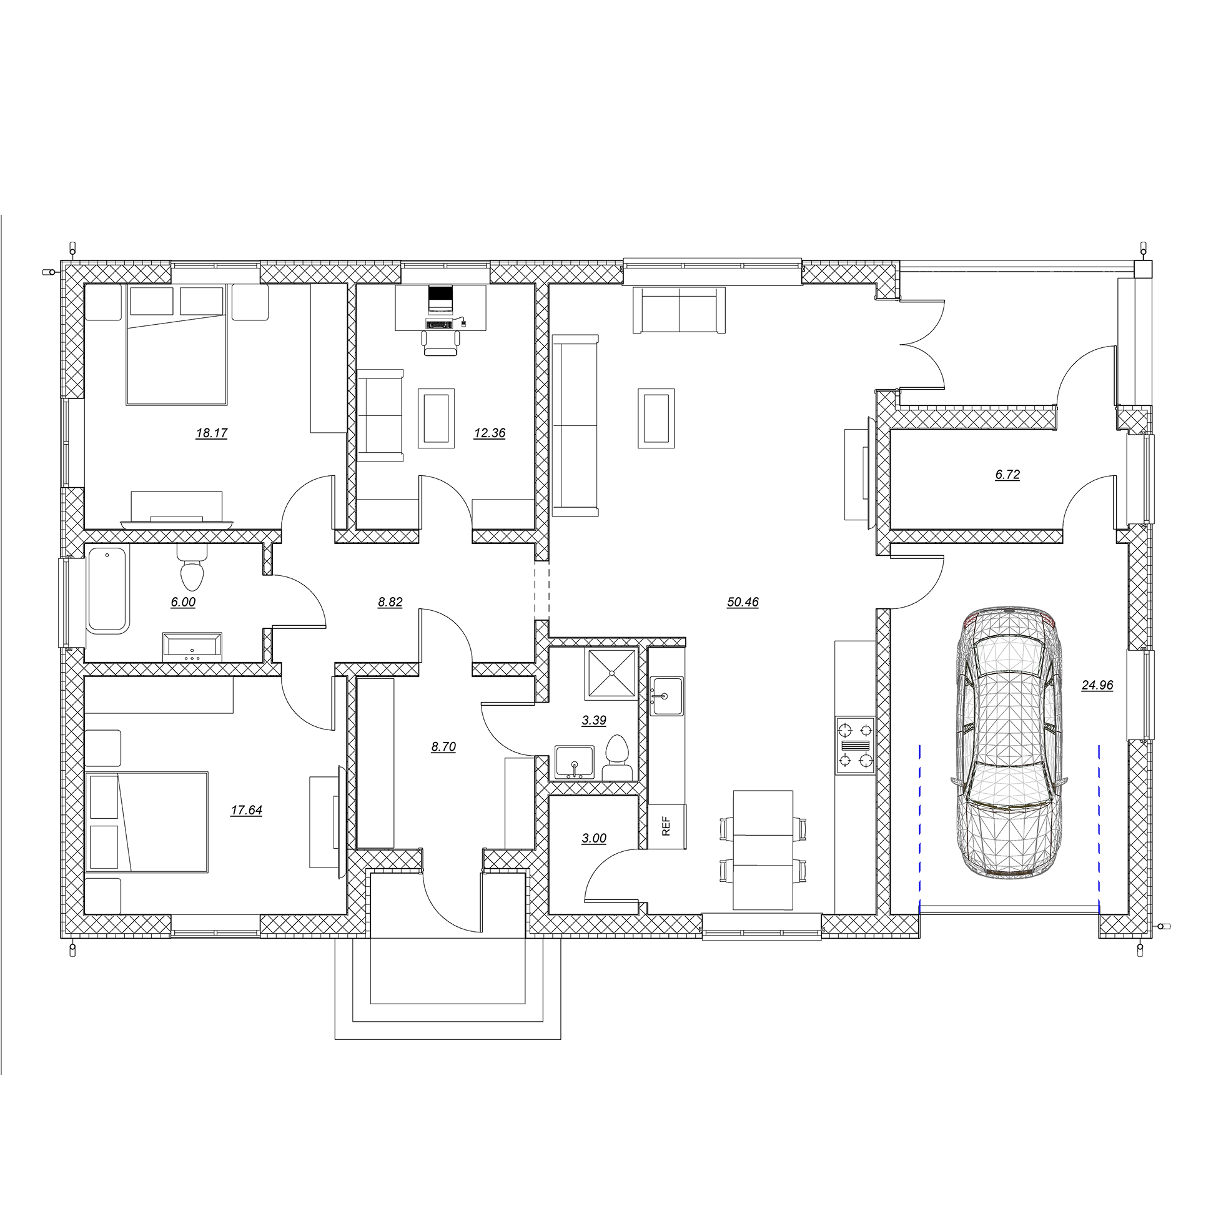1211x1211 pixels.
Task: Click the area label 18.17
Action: pyautogui.click(x=212, y=433)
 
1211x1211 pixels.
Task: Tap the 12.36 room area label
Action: pyautogui.click(x=490, y=433)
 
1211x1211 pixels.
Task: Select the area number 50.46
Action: pyautogui.click(x=743, y=602)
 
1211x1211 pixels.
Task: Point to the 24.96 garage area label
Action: pyautogui.click(x=1097, y=685)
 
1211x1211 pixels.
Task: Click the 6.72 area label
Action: pyautogui.click(x=1008, y=475)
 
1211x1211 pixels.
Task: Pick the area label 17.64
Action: pyautogui.click(x=246, y=810)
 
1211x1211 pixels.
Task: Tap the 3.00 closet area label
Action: pyautogui.click(x=594, y=838)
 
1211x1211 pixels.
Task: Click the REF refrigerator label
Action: pyautogui.click(x=666, y=826)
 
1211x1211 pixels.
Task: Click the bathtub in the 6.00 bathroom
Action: pyautogui.click(x=108, y=590)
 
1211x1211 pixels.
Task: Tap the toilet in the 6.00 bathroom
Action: pyautogui.click(x=192, y=566)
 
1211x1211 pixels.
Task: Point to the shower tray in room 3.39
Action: pyautogui.click(x=611, y=674)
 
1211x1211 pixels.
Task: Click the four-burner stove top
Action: pyautogui.click(x=856, y=745)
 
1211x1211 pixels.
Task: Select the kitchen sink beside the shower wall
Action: pyautogui.click(x=666, y=696)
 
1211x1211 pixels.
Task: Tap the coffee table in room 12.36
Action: pyautogui.click(x=437, y=417)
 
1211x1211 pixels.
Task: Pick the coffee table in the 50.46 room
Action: pyautogui.click(x=656, y=418)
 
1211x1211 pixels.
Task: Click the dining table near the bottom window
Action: pyautogui.click(x=763, y=850)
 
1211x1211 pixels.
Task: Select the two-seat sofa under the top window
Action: pyautogui.click(x=680, y=310)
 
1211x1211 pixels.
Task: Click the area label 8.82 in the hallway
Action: pyautogui.click(x=390, y=602)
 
